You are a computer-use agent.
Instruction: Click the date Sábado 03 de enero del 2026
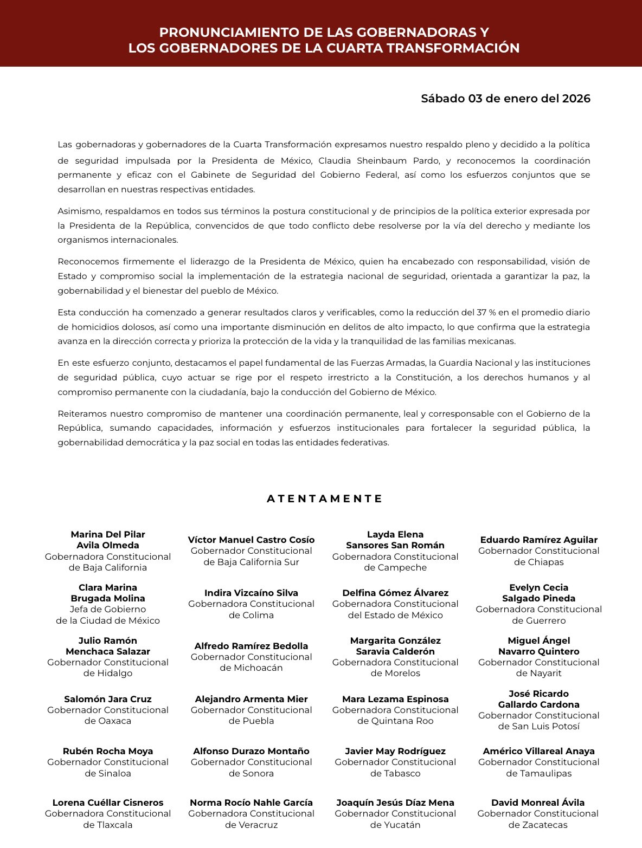505,99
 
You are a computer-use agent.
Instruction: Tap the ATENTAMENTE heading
325,499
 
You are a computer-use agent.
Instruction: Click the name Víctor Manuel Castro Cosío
251,540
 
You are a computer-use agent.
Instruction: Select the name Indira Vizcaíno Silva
251,593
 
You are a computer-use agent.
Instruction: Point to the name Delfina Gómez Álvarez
395,593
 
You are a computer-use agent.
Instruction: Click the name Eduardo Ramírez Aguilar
538,540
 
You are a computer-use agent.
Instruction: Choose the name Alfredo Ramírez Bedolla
251,646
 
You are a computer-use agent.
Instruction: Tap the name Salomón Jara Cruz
108,699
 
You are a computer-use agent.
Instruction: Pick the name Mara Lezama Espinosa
395,699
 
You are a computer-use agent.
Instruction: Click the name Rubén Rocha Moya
108,751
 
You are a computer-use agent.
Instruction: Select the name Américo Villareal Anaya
538,751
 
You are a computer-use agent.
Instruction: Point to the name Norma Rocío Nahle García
251,802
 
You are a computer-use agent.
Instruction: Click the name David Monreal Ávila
538,802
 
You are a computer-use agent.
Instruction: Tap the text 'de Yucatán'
395,825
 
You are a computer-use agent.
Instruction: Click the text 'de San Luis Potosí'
538,726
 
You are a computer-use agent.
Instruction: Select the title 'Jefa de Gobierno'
108,609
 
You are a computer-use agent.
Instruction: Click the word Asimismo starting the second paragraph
79,211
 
